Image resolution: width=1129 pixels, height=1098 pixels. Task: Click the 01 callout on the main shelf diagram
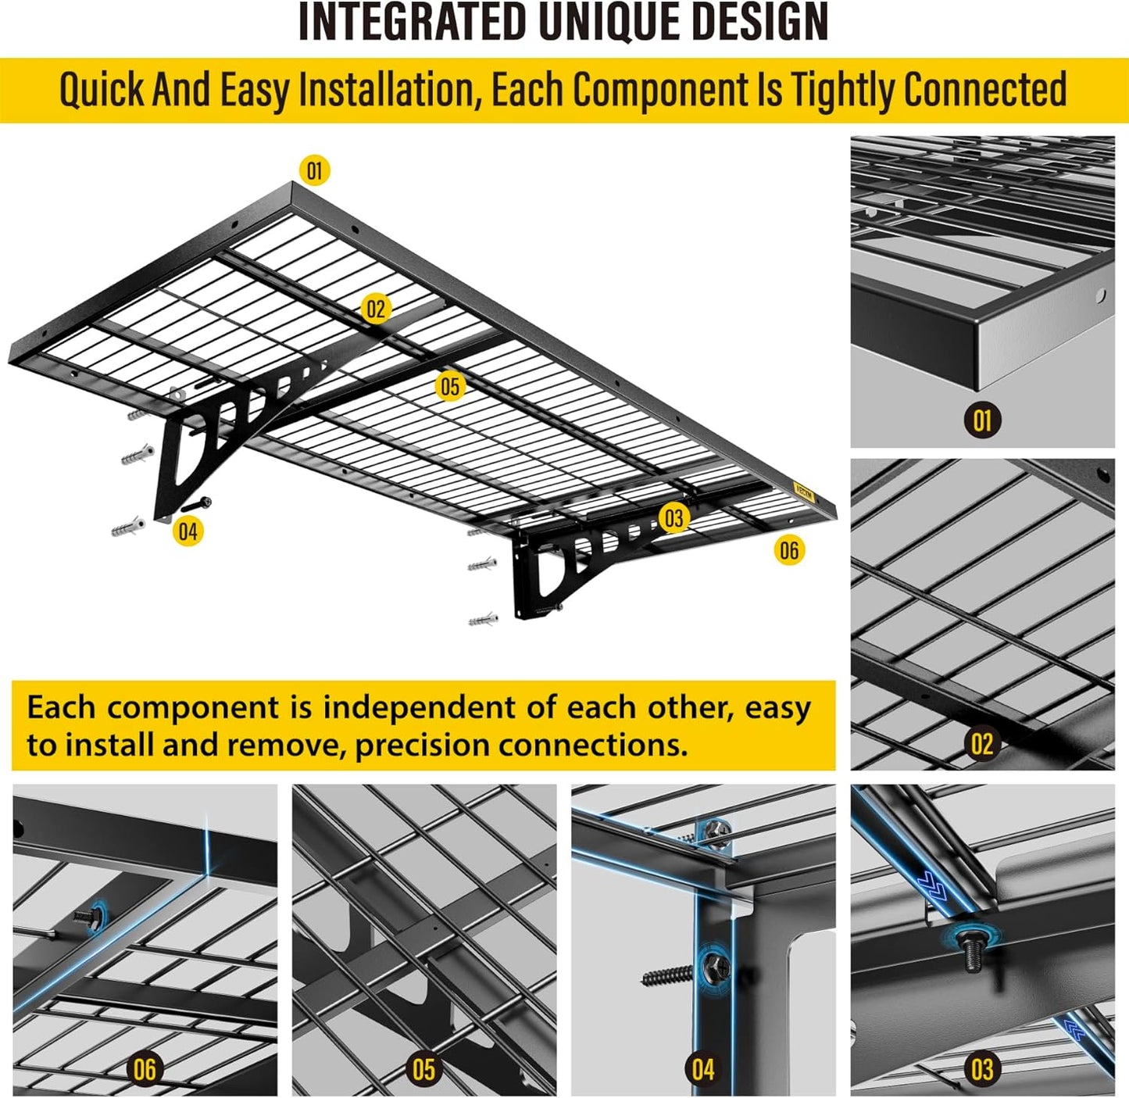tap(314, 170)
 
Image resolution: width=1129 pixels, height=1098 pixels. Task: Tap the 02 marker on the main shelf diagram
tap(376, 309)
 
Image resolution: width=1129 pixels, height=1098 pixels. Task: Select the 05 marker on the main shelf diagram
tap(449, 386)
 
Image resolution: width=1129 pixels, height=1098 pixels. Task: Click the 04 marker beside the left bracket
tap(188, 531)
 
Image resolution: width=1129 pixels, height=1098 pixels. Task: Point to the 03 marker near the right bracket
tap(673, 518)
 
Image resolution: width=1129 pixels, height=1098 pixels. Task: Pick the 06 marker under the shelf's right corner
tap(789, 550)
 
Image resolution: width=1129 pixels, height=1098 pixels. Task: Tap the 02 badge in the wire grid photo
tap(982, 743)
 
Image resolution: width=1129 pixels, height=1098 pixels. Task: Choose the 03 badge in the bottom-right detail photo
tap(982, 1068)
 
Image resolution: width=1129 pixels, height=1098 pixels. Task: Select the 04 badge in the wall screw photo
tap(702, 1068)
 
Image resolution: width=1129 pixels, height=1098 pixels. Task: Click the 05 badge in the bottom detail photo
tap(423, 1068)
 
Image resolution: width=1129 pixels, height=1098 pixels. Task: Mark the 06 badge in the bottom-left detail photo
tap(145, 1068)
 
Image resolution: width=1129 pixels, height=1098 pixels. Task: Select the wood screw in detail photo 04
tap(670, 975)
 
